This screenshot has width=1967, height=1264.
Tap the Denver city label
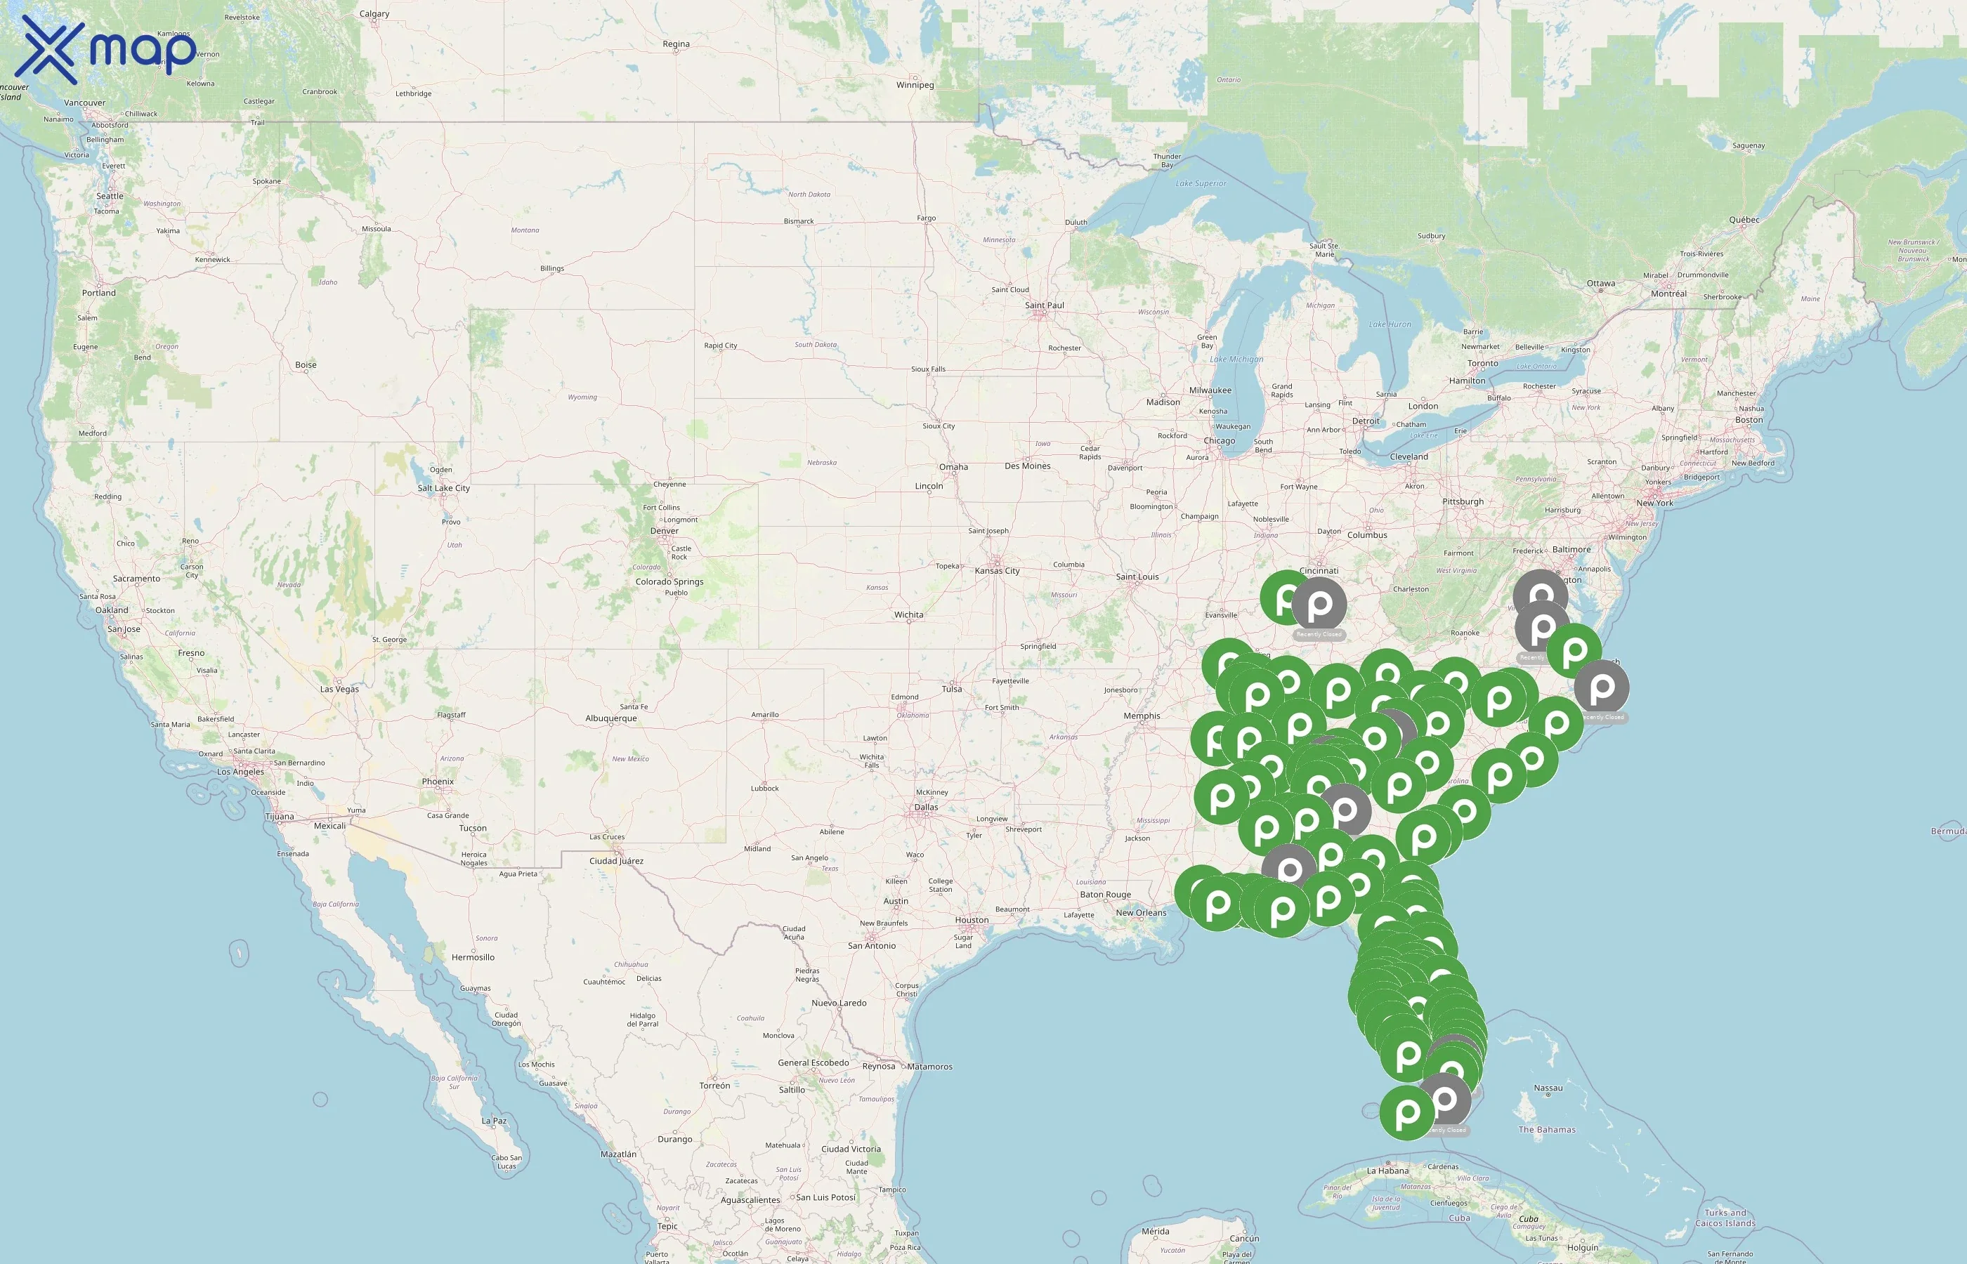tap(664, 531)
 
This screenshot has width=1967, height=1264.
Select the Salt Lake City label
tap(443, 488)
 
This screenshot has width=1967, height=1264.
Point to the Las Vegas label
tap(339, 690)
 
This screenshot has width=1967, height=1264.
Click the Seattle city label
tap(110, 196)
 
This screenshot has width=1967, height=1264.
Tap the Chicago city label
tap(1219, 442)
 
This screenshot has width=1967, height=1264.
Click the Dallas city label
tap(926, 808)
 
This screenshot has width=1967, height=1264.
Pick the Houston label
tap(972, 920)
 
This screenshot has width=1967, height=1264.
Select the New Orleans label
tap(1140, 913)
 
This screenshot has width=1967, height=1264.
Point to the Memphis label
tap(1142, 716)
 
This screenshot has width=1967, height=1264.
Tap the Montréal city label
tap(1668, 294)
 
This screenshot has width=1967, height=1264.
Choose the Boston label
tap(1749, 420)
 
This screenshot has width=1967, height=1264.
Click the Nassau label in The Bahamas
tap(1548, 1088)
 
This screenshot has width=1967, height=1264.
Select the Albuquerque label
tap(610, 719)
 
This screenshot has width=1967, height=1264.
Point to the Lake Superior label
tap(1201, 184)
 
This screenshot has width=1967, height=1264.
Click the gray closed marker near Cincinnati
tap(1319, 605)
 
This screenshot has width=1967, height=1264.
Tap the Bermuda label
tap(1948, 831)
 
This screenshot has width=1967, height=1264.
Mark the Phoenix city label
tap(438, 782)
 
